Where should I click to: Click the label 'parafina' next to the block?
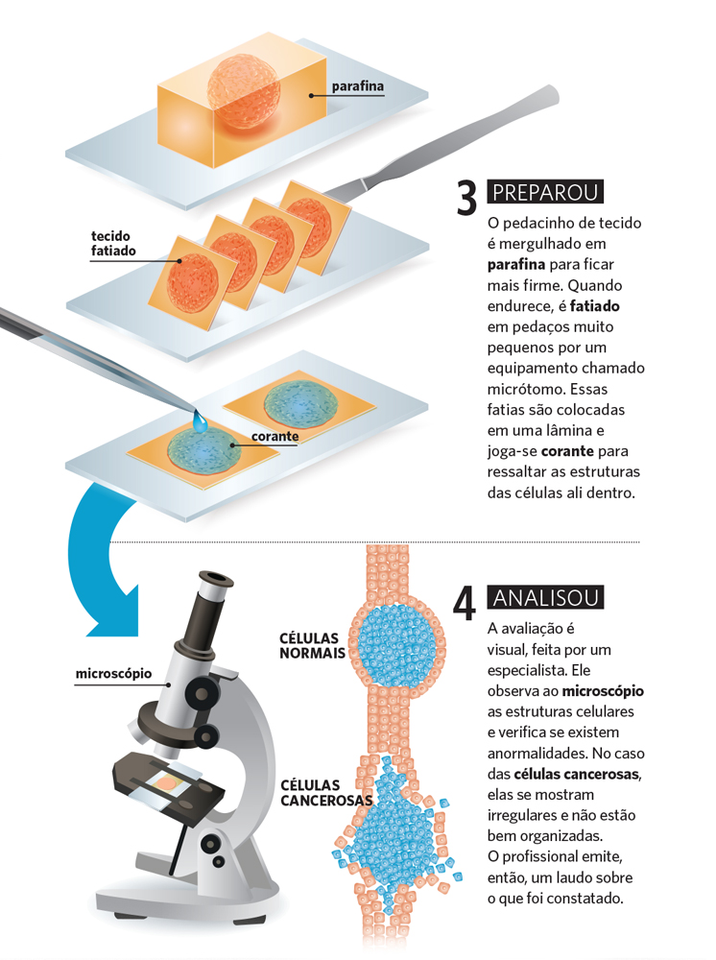[x=357, y=87]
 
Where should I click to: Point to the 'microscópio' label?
[x=113, y=673]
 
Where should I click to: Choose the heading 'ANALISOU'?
[x=545, y=597]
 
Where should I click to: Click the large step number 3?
[x=466, y=198]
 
